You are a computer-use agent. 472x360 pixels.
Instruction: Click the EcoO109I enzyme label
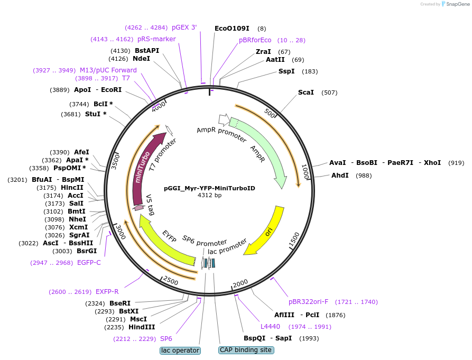[232, 29]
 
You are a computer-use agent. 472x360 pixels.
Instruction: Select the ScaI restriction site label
[306, 93]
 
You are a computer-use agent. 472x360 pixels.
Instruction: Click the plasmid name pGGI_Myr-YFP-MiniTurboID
[209, 188]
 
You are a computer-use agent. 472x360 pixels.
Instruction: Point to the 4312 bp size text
[209, 195]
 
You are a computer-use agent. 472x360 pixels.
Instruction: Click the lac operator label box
[180, 350]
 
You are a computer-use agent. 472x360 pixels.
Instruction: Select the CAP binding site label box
[245, 350]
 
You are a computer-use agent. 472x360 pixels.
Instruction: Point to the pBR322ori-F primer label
[308, 302]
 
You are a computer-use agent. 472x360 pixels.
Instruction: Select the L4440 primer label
[270, 327]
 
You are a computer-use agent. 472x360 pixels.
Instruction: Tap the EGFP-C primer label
[89, 263]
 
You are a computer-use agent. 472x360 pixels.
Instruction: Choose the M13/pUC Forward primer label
[108, 70]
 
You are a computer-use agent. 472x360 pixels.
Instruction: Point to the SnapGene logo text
[456, 4]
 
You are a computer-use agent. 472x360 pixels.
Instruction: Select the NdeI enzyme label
[141, 59]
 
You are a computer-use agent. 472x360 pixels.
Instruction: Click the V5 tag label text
[151, 205]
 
